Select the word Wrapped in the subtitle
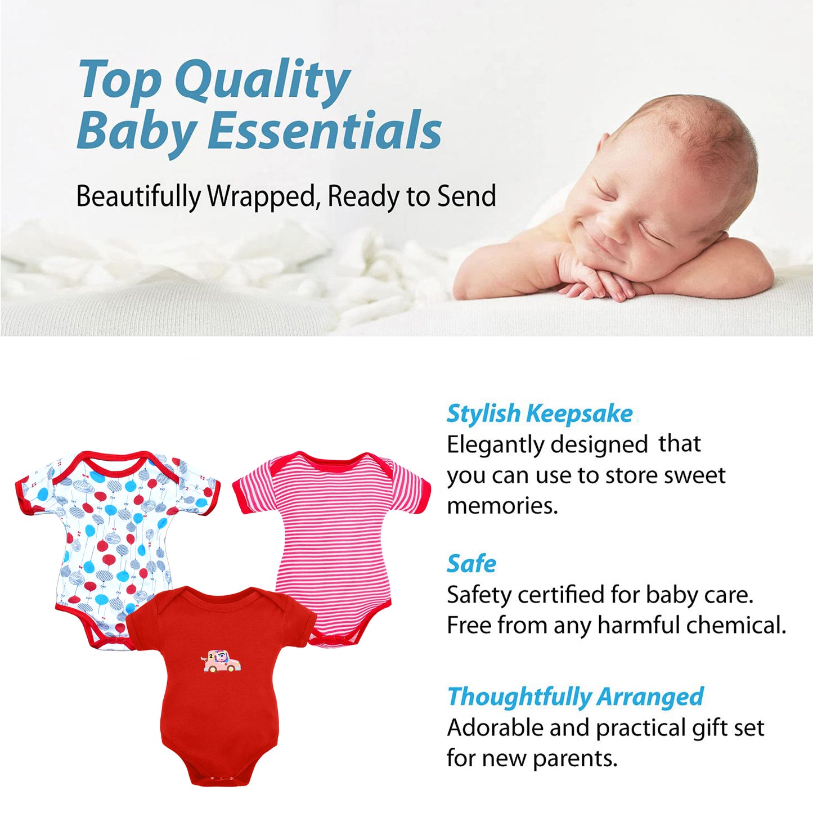tap(262, 197)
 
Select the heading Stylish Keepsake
tap(540, 414)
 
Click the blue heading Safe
tap(471, 564)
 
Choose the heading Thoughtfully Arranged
tap(575, 697)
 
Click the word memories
tap(502, 505)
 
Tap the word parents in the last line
tap(574, 758)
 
